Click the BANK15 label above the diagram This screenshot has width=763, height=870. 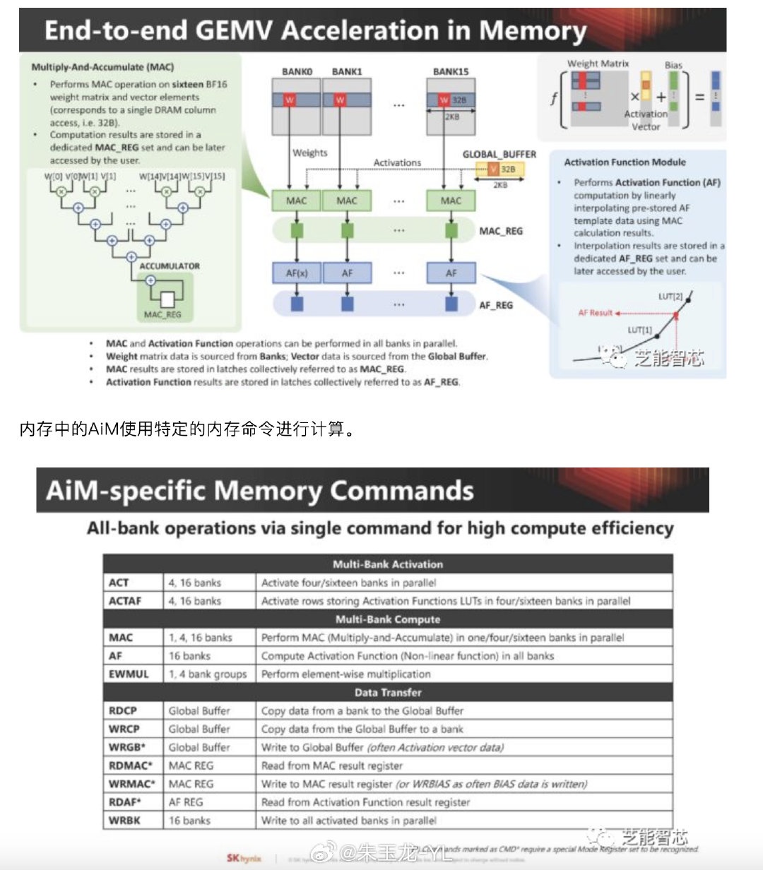pos(450,71)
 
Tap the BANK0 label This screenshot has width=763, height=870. pos(297,71)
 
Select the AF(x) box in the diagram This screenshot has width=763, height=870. pos(296,273)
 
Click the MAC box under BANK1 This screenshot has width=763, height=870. pos(347,201)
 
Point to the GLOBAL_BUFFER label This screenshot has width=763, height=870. pos(499,154)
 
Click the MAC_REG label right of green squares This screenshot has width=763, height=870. pos(501,231)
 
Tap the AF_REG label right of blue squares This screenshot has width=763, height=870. pos(496,305)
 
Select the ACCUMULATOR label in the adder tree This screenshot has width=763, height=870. pos(170,266)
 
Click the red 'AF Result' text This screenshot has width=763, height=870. pos(596,312)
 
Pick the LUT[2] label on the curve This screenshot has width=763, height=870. pos(670,296)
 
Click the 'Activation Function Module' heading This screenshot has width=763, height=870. pos(625,162)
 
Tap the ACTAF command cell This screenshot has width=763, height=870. pos(125,601)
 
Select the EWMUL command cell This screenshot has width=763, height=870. pos(129,674)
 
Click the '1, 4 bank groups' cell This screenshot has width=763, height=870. pos(208,674)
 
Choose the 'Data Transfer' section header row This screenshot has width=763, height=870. pos(388,693)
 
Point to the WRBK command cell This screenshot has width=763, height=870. pos(124,821)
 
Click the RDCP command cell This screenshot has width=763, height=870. pos(123,710)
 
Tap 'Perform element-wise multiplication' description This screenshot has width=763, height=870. pos(345,674)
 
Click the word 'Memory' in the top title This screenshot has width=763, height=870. pos(533,31)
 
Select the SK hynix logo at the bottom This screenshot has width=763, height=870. pos(244,858)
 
